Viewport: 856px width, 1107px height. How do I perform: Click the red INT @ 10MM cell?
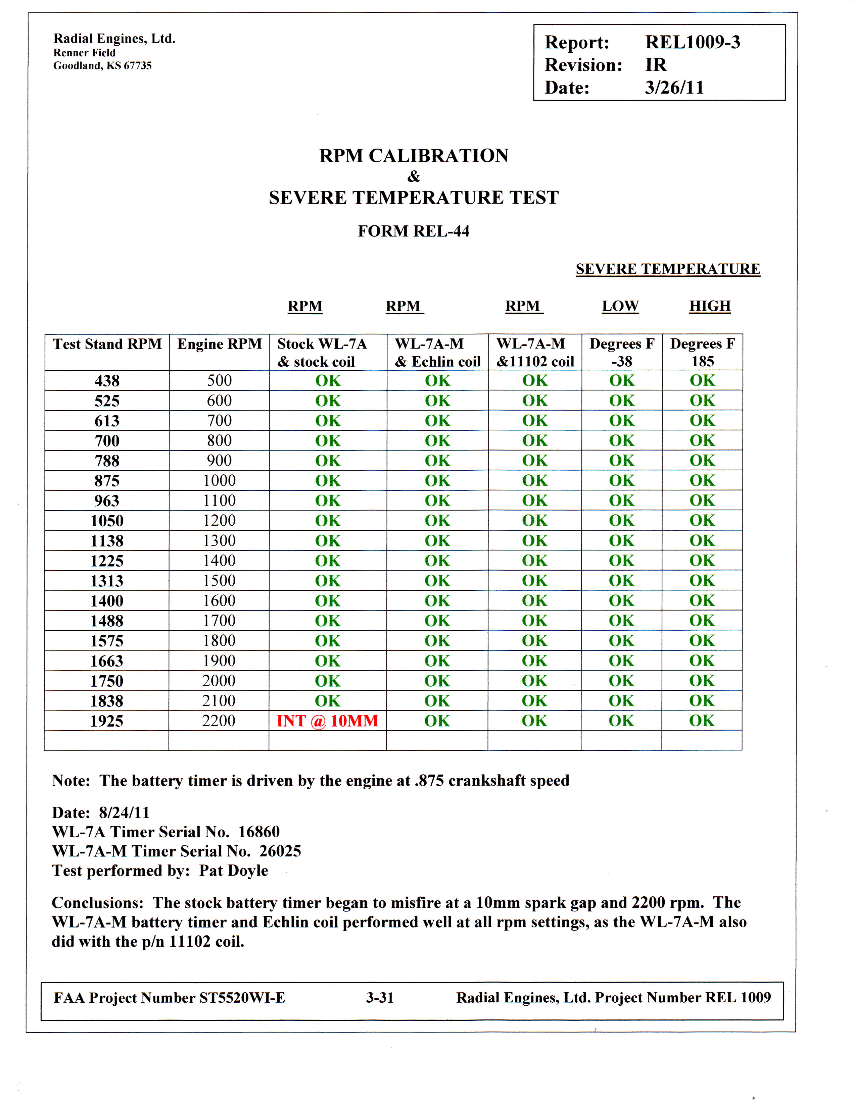click(327, 721)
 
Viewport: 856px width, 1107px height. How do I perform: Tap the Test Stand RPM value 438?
click(107, 381)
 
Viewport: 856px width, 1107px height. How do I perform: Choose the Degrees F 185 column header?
click(702, 352)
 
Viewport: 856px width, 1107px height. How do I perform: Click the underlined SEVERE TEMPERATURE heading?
click(668, 269)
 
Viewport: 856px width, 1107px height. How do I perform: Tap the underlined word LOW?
click(620, 306)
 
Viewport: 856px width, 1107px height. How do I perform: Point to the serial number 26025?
click(280, 851)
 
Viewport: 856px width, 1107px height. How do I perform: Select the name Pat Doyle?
click(233, 870)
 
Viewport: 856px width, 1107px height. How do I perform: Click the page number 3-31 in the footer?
click(380, 998)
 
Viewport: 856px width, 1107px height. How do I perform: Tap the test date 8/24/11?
click(124, 812)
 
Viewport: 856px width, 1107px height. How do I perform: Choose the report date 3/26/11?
click(674, 88)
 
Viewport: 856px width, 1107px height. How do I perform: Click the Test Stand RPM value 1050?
click(107, 521)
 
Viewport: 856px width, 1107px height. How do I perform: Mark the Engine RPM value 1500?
click(219, 580)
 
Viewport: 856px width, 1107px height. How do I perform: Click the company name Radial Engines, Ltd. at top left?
click(114, 39)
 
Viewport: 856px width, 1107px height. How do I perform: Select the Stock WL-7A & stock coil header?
click(322, 352)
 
